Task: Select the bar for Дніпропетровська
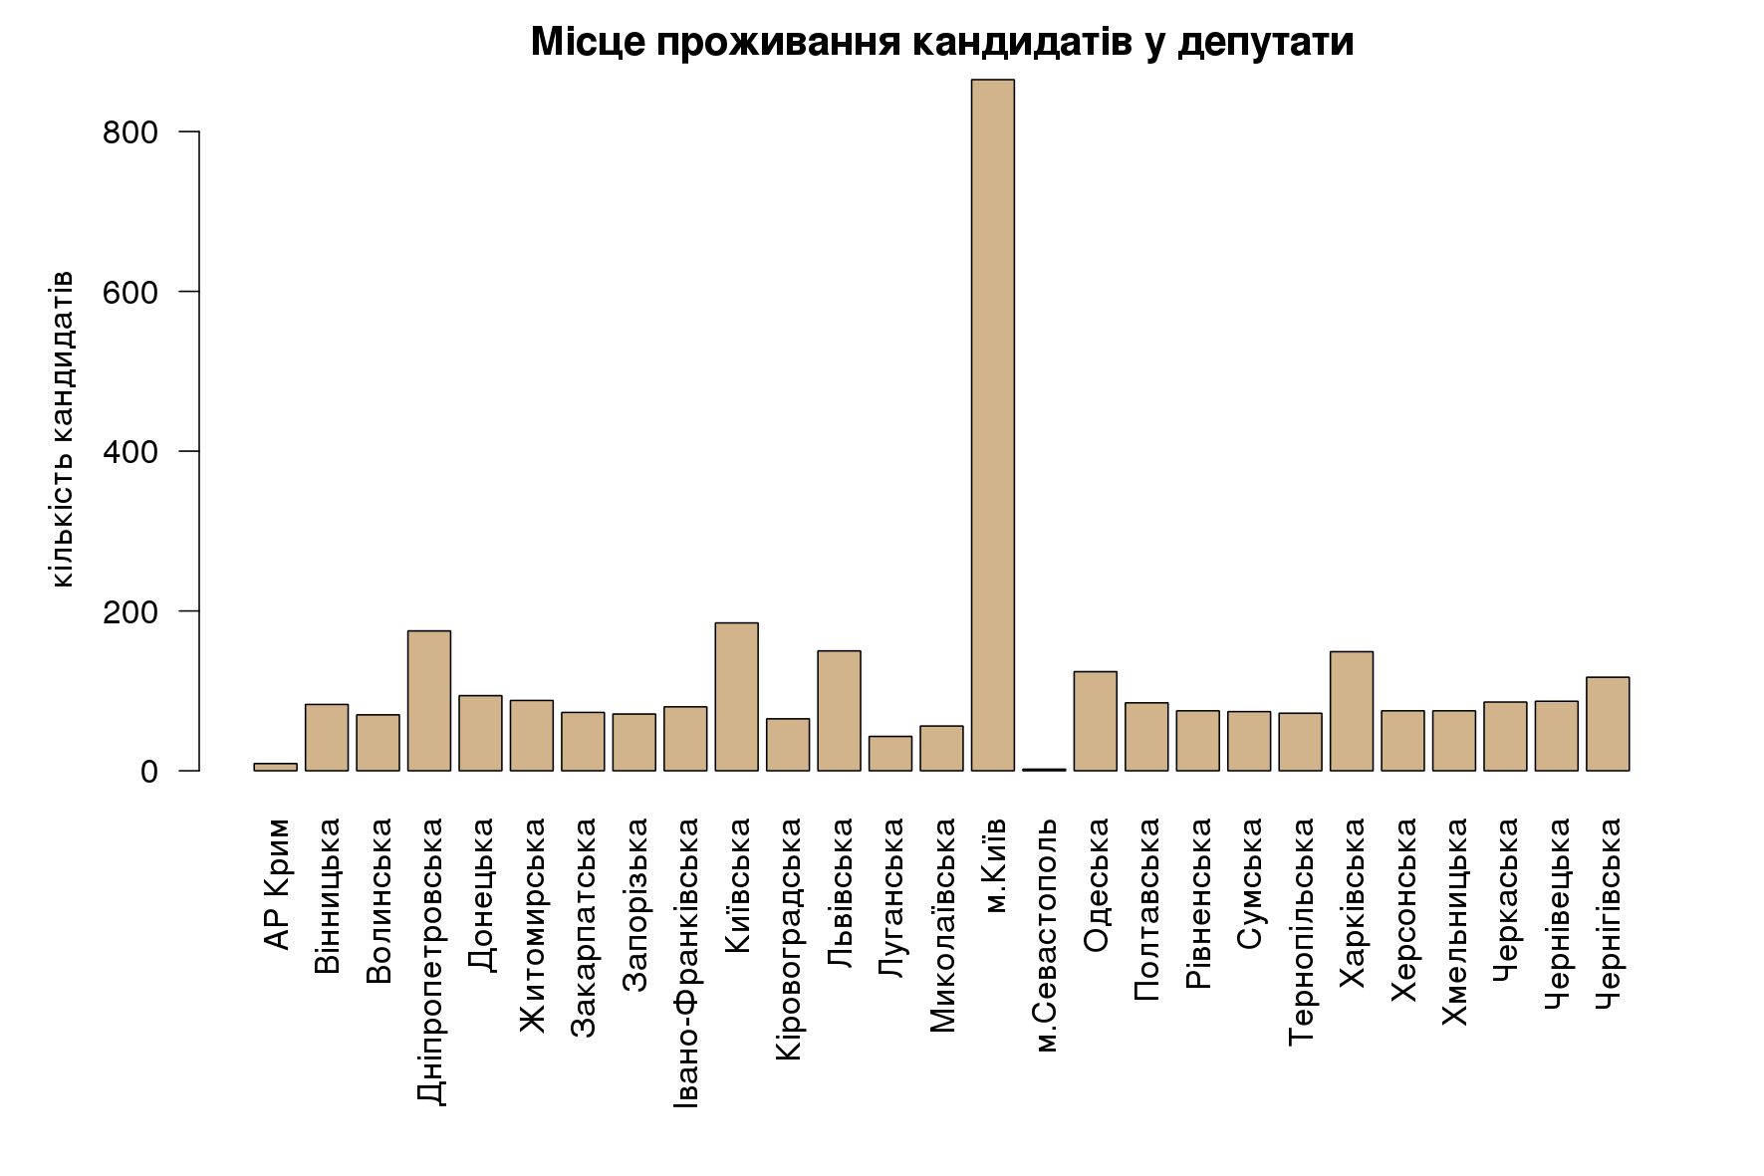[428, 701]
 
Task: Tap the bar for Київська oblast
[736, 697]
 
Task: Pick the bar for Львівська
[839, 711]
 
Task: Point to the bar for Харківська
[1351, 711]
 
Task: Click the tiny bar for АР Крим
[275, 767]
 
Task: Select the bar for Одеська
[1095, 721]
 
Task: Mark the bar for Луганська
[889, 754]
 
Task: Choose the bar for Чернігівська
[1607, 724]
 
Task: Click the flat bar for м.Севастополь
[1044, 770]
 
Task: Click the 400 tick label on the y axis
[130, 452]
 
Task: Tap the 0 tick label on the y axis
[149, 772]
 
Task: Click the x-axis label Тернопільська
[1301, 932]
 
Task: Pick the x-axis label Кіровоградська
[788, 939]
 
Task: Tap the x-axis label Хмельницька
[1454, 922]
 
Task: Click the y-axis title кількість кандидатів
[62, 428]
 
